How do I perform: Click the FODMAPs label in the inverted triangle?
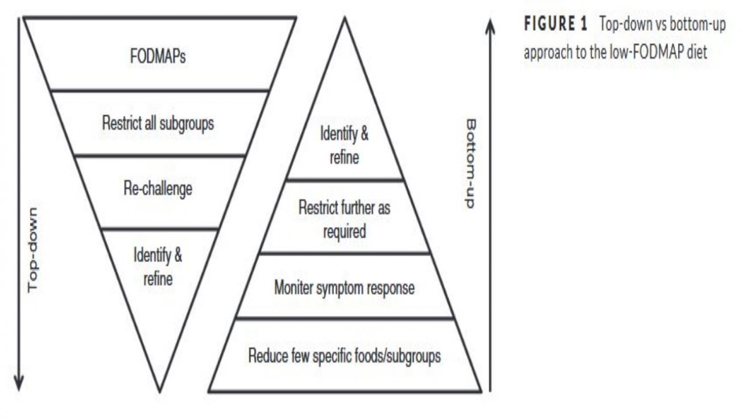[158, 56]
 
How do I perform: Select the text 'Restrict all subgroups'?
[158, 124]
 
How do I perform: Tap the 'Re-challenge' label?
[158, 189]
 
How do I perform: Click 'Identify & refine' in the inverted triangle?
[158, 267]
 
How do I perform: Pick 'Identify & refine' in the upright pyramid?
[345, 146]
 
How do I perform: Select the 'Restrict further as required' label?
[345, 220]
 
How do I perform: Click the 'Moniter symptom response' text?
[345, 288]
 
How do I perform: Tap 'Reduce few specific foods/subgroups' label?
[345, 356]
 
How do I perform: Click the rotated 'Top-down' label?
[33, 250]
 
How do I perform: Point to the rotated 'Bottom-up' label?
[470, 163]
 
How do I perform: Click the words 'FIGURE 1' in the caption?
[556, 24]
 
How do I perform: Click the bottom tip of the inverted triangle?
[159, 392]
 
